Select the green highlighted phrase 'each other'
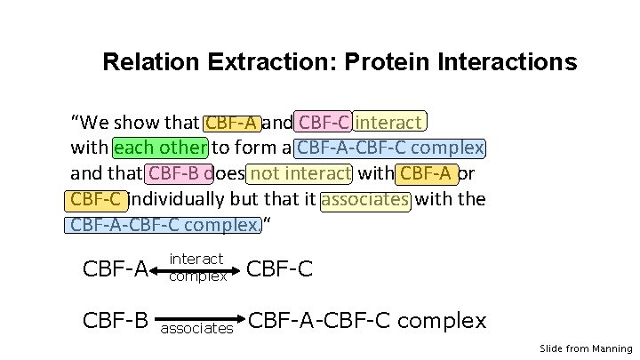[161, 147]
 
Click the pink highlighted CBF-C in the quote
[324, 122]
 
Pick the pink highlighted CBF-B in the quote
[180, 172]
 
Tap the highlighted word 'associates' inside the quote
[365, 198]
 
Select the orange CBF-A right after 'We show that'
[232, 122]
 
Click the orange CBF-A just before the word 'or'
[428, 172]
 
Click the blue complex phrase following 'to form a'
[390, 147]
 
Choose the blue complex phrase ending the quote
[164, 224]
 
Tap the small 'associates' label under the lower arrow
[196, 329]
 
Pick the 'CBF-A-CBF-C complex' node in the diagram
[367, 319]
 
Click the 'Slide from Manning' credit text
[586, 349]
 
